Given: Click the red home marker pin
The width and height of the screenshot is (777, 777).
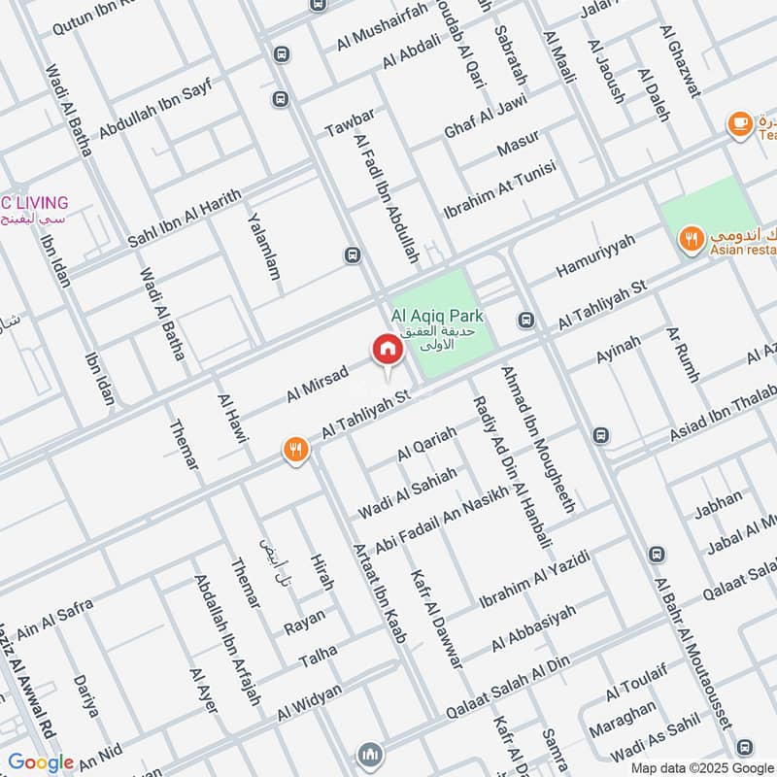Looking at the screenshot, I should pyautogui.click(x=386, y=350).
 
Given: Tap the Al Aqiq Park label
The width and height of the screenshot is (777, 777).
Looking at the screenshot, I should pyautogui.click(x=436, y=317).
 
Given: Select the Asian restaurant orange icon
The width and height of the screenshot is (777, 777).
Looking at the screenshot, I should pyautogui.click(x=692, y=238).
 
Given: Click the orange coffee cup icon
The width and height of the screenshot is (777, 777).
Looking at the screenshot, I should pyautogui.click(x=740, y=123).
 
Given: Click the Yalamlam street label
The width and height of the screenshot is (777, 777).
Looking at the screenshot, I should pyautogui.click(x=264, y=247).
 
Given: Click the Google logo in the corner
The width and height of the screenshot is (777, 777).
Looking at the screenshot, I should pyautogui.click(x=41, y=762).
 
